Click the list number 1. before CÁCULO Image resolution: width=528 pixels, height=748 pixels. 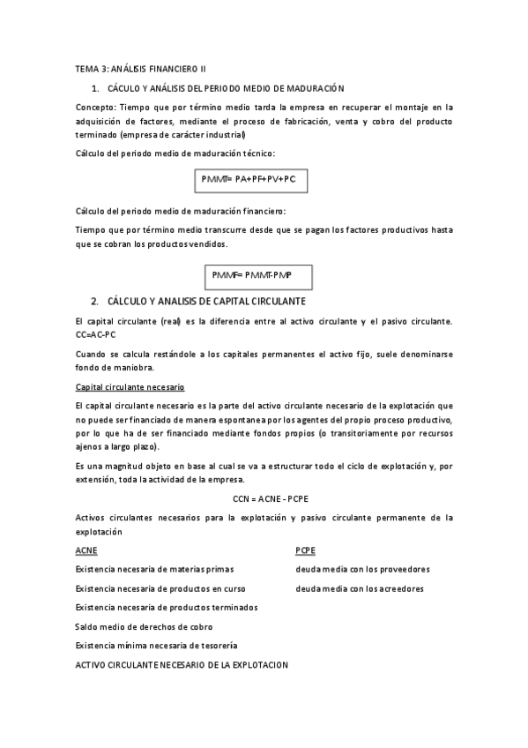click(94, 88)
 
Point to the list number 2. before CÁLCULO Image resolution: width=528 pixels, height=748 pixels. click(94, 301)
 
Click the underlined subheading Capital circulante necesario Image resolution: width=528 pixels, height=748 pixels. click(130, 388)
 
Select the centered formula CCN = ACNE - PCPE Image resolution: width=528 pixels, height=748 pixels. click(264, 498)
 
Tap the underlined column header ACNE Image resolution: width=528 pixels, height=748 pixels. click(87, 550)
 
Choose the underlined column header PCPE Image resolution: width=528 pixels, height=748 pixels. click(306, 550)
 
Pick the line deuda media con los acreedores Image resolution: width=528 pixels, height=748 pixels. click(360, 588)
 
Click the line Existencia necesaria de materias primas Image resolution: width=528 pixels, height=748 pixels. click(154, 569)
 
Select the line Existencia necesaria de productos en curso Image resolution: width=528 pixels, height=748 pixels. click(160, 588)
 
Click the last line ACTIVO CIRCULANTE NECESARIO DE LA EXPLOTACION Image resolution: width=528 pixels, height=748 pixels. click(182, 664)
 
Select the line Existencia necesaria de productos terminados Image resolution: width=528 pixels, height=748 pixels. click(167, 607)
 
